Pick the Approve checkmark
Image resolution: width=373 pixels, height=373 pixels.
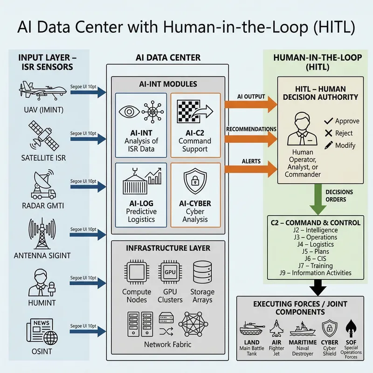pos(327,121)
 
